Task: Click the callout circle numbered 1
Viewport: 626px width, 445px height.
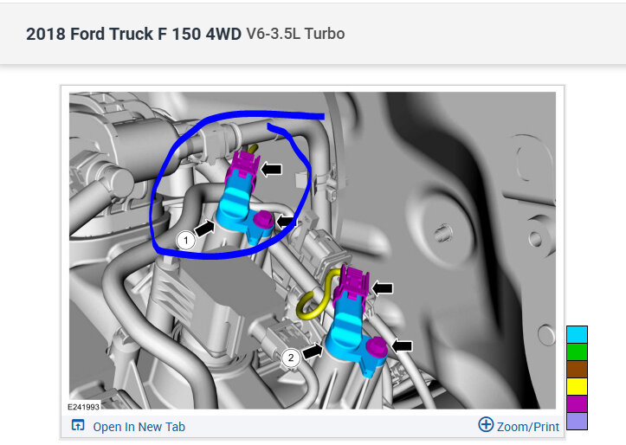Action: [x=185, y=241]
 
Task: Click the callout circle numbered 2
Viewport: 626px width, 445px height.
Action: [x=291, y=358]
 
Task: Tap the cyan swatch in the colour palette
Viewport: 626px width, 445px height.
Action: [x=577, y=335]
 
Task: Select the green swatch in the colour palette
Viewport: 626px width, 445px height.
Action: [x=577, y=352]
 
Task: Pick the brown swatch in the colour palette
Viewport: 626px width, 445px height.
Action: [x=577, y=369]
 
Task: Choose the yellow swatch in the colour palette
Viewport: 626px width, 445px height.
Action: [x=577, y=386]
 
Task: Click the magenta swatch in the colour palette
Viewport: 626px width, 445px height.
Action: [x=577, y=403]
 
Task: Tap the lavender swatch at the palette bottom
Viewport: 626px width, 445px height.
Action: [x=577, y=421]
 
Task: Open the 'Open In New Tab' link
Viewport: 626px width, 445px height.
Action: [x=139, y=427]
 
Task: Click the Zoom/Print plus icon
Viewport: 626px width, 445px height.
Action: [x=486, y=424]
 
